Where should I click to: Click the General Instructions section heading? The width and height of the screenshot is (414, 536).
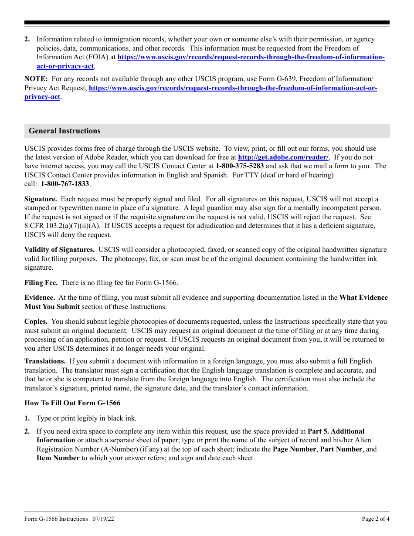pos(64,131)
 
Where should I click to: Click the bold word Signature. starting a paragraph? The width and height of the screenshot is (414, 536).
pos(41,199)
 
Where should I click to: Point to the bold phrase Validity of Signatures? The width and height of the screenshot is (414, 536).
pos(59,250)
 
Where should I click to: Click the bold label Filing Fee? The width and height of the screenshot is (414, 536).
pos(41,283)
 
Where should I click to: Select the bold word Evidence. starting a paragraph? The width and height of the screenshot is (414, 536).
pos(40,298)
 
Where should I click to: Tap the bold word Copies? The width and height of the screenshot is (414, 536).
pos(36,322)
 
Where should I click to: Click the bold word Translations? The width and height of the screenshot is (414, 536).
pos(45,361)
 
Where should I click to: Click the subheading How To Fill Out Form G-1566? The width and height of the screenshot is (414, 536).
pos(72,403)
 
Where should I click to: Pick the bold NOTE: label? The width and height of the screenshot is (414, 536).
pos(36,79)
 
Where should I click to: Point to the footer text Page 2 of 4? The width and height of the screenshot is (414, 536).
pos(376,519)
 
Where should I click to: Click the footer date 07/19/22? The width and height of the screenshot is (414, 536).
pos(104,519)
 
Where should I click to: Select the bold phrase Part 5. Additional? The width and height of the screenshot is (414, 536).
pos(336,431)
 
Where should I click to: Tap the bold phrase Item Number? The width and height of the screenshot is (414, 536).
pos(58,458)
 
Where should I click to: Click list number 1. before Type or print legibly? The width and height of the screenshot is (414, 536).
pos(27,418)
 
